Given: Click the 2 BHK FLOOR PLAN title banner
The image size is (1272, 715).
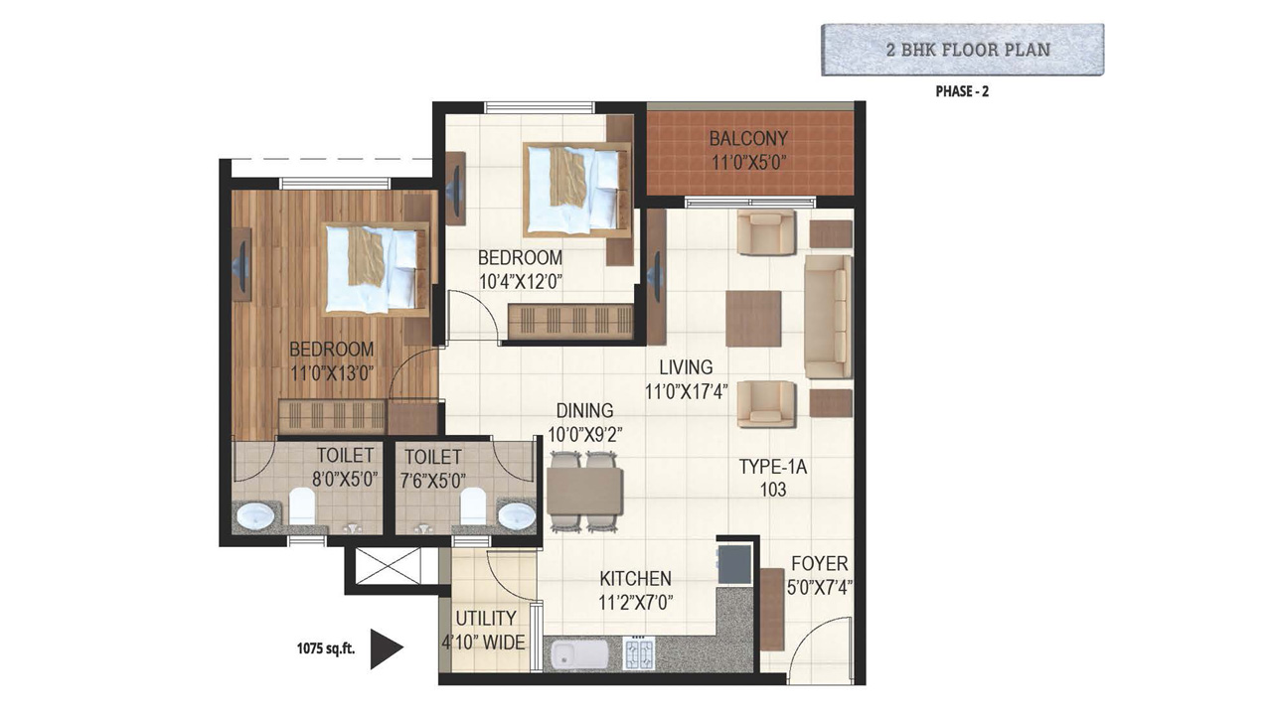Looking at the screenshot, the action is (x=963, y=50).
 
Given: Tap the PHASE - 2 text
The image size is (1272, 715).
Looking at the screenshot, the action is (x=962, y=91).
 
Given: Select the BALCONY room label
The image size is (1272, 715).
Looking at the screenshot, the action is (x=748, y=138).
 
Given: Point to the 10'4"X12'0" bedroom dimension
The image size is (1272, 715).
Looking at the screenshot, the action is (x=521, y=282).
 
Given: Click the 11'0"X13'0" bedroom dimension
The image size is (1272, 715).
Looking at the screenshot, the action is (x=332, y=373).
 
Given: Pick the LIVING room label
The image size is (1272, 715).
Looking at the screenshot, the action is (x=686, y=367).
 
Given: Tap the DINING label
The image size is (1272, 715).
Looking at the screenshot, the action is (x=585, y=410).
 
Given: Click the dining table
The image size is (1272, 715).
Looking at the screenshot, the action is (x=585, y=492).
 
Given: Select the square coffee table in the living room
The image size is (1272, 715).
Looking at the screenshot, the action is (x=753, y=319).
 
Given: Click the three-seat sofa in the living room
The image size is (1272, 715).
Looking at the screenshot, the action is (x=828, y=317).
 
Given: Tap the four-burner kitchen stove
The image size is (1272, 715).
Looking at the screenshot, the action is (x=639, y=652).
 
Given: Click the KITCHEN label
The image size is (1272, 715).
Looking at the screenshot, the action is (x=635, y=579).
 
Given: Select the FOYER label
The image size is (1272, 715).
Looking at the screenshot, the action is (x=820, y=563).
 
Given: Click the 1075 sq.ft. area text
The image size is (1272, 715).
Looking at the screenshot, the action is (x=325, y=648).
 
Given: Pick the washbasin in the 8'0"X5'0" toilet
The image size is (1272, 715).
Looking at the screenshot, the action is (x=255, y=515).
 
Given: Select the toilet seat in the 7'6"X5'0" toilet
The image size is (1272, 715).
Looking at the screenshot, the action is (x=473, y=505).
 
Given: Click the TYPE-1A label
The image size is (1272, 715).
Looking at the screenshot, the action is (x=773, y=467).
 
